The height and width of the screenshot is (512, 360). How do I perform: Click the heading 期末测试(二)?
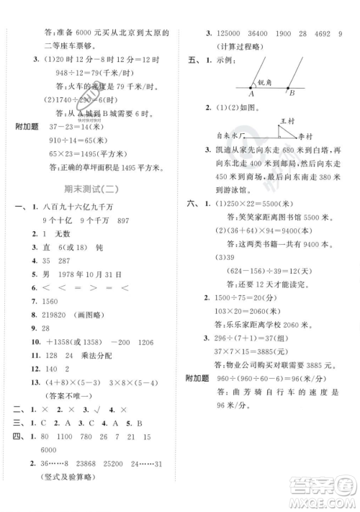(94, 188)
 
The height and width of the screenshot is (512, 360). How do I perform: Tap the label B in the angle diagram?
(291, 93)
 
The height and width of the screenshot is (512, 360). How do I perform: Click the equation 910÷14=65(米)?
(76, 140)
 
